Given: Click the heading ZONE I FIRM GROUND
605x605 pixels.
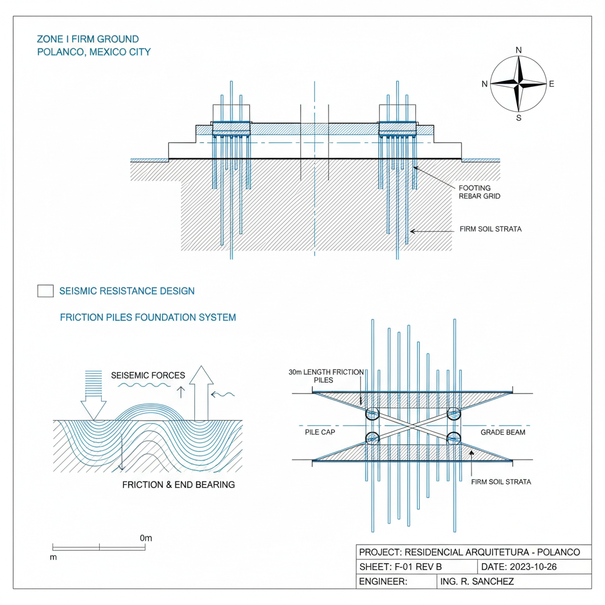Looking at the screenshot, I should (87, 39).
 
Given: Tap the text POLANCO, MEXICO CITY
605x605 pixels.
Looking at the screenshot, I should (93, 52).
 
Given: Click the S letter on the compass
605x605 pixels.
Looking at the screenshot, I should (519, 118).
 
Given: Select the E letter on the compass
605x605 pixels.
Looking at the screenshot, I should (552, 84).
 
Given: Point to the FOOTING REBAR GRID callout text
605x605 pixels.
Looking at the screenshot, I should (479, 192).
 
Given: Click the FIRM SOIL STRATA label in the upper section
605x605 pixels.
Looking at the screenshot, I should (490, 229).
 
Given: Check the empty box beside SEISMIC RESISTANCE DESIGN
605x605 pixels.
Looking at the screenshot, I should (45, 291).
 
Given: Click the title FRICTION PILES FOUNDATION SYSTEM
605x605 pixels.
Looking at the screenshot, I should (148, 317).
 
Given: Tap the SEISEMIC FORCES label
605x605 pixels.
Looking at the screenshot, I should (148, 375).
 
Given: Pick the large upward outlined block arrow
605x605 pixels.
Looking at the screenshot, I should (201, 393).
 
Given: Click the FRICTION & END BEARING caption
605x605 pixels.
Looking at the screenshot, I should (178, 484).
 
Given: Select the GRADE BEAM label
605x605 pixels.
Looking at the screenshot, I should (503, 432).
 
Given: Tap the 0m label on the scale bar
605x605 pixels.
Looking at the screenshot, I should (146, 538).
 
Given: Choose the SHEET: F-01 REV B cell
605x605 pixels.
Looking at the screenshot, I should (400, 567).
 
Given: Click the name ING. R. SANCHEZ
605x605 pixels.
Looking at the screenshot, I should (477, 581).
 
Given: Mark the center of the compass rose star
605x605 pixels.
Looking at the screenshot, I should (519, 84).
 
